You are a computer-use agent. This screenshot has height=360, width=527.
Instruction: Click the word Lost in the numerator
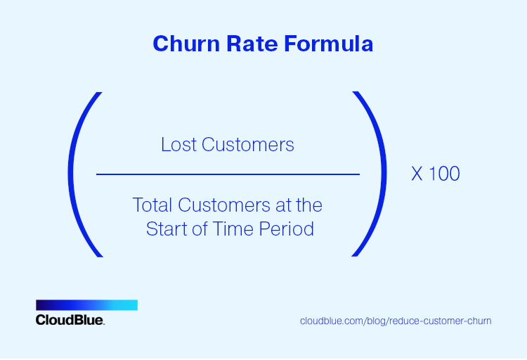pos(178,145)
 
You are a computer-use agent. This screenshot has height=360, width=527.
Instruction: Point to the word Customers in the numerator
pos(248,145)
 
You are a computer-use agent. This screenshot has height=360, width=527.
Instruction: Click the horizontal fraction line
pos(228,174)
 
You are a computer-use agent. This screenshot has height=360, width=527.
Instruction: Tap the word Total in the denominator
pos(152,205)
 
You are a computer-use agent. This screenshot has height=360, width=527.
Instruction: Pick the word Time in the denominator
pos(235,229)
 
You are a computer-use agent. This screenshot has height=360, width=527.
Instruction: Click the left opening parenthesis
pos(82,174)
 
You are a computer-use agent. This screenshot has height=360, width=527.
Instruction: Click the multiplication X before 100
pos(417,174)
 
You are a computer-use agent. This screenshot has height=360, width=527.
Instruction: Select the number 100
pos(444,174)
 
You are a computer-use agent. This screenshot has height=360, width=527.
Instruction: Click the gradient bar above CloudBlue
pos(86,305)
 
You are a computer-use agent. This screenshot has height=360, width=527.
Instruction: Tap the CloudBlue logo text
pos(70,320)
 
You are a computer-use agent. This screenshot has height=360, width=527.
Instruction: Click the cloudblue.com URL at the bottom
pos(396,321)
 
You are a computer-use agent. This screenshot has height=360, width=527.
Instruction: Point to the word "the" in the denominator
pos(308,205)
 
